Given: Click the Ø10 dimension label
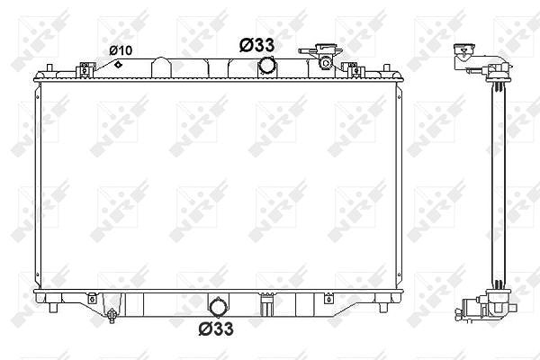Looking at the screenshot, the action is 121,50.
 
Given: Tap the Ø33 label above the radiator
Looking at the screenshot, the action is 256,45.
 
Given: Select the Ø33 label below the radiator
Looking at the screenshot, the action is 216,328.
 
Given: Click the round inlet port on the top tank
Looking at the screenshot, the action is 265,66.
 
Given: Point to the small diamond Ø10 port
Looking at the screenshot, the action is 118,64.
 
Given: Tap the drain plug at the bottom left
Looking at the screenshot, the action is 112,314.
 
